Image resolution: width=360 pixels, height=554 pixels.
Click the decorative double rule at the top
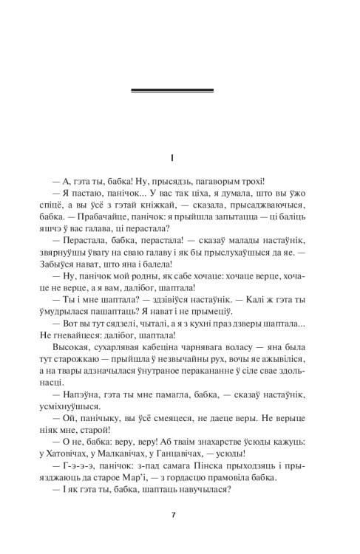[x=171, y=91]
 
